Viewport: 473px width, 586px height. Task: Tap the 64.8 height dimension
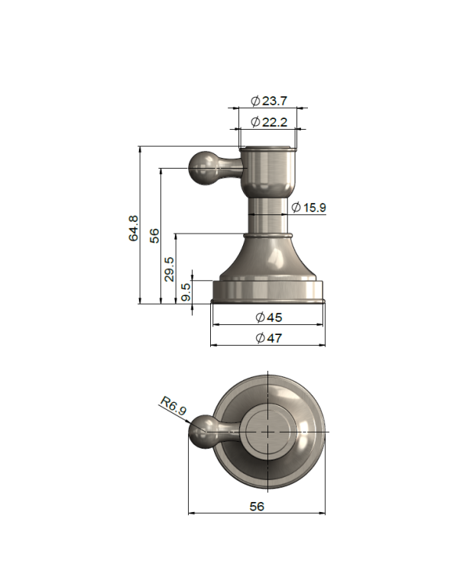[134, 228]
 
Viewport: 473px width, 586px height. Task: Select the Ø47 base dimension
[267, 338]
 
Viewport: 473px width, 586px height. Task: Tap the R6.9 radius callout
[173, 406]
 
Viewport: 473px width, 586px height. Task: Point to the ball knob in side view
[202, 167]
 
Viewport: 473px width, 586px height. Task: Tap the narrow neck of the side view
[267, 214]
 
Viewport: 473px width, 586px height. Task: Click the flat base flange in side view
[267, 291]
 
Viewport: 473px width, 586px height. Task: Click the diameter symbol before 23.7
[255, 101]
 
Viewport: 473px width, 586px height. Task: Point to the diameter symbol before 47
[260, 338]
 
